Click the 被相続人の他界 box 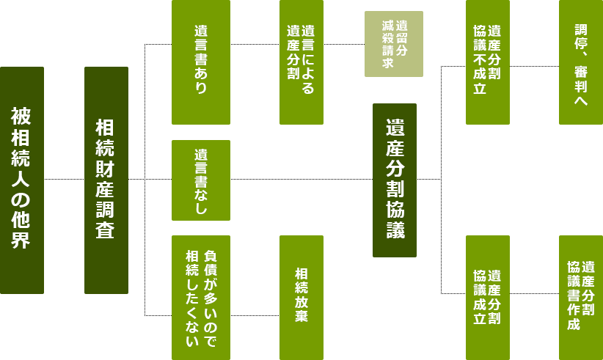click(22, 180)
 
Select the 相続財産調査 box click(106, 180)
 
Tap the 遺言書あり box click(201, 62)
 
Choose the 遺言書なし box click(201, 180)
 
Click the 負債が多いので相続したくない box click(201, 298)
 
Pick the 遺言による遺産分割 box click(301, 62)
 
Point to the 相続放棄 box click(301, 298)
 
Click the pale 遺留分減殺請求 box click(394, 44)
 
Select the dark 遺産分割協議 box click(395, 180)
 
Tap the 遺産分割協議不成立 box click(488, 62)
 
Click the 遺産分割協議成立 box click(488, 298)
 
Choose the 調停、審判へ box click(581, 62)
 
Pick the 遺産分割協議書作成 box click(581, 298)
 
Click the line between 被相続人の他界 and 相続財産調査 click(65, 179)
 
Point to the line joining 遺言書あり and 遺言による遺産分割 click(255, 44)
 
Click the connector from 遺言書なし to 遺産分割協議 click(301, 179)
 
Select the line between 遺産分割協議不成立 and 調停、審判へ click(534, 66)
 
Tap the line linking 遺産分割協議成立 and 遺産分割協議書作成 click(534, 293)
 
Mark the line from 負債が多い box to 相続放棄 click(255, 315)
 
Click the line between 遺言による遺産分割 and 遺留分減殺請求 click(344, 44)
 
